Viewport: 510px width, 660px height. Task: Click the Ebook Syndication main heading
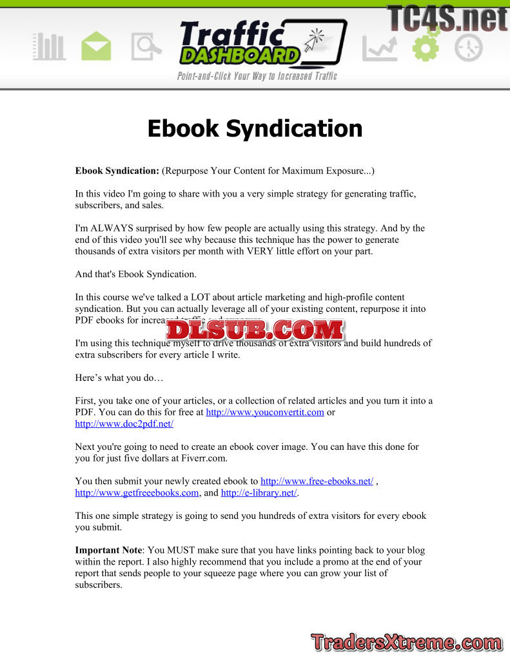[x=255, y=128]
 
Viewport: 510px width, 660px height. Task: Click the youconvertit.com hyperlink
[x=264, y=412]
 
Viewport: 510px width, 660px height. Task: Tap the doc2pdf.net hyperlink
[x=124, y=424]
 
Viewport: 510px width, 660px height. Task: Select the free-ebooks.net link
[x=317, y=481]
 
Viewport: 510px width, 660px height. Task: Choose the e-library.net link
[x=259, y=493]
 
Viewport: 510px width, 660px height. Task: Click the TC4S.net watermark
[x=447, y=17]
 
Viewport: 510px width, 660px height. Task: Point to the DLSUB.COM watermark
[x=255, y=330]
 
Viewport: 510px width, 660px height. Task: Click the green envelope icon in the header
[x=96, y=47]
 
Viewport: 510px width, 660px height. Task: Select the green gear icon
[x=426, y=45]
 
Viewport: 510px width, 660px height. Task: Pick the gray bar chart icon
[x=49, y=47]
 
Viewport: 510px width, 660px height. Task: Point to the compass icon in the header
[x=468, y=47]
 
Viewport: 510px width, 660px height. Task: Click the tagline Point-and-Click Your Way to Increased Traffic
[x=257, y=76]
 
